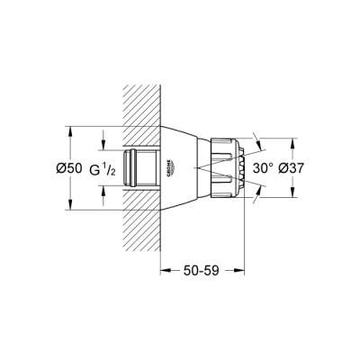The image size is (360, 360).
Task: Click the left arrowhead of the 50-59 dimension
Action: (163, 269)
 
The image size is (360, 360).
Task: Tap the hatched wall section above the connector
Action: (139, 108)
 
